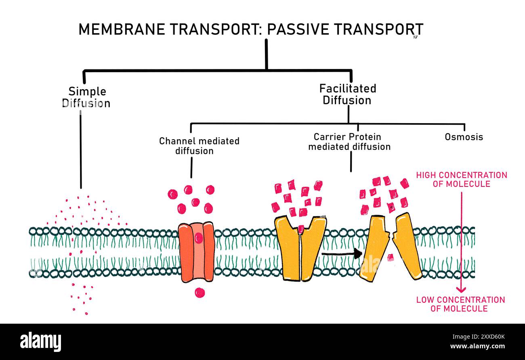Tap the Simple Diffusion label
click(87, 97)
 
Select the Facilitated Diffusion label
click(347, 94)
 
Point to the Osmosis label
click(464, 137)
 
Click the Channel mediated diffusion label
click(199, 146)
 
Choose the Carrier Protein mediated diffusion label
click(349, 142)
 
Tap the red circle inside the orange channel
click(199, 238)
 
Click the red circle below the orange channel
click(199, 292)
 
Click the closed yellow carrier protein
click(300, 248)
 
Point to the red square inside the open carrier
click(391, 257)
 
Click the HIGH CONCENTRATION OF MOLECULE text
click(462, 179)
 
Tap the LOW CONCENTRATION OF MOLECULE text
click(460, 304)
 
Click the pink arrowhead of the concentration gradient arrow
click(461, 289)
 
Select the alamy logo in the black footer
click(40, 341)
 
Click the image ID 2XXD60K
click(489, 337)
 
